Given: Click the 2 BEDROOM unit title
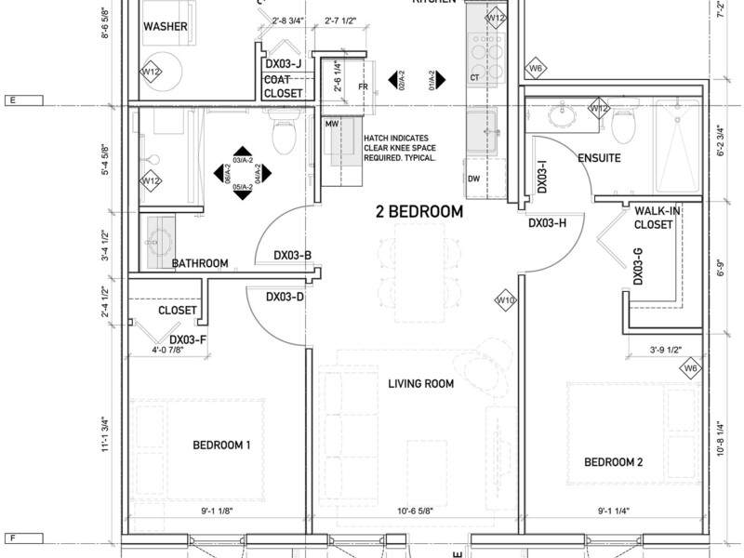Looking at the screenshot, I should coord(418,212).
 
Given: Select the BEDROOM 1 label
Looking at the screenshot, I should coord(221,445).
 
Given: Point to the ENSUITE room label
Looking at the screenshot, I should coord(599,159).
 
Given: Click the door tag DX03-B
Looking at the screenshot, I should coord(292,255).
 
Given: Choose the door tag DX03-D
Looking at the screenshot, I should coord(286,298).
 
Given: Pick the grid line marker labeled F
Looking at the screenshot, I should coord(13,538).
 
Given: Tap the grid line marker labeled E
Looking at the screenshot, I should coord(13,100).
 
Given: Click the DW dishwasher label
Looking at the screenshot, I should coord(474,179).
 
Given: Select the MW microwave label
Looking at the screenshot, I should coord(331,123).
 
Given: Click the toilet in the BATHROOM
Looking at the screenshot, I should coord(285,139).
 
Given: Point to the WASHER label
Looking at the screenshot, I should coord(166,27).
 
